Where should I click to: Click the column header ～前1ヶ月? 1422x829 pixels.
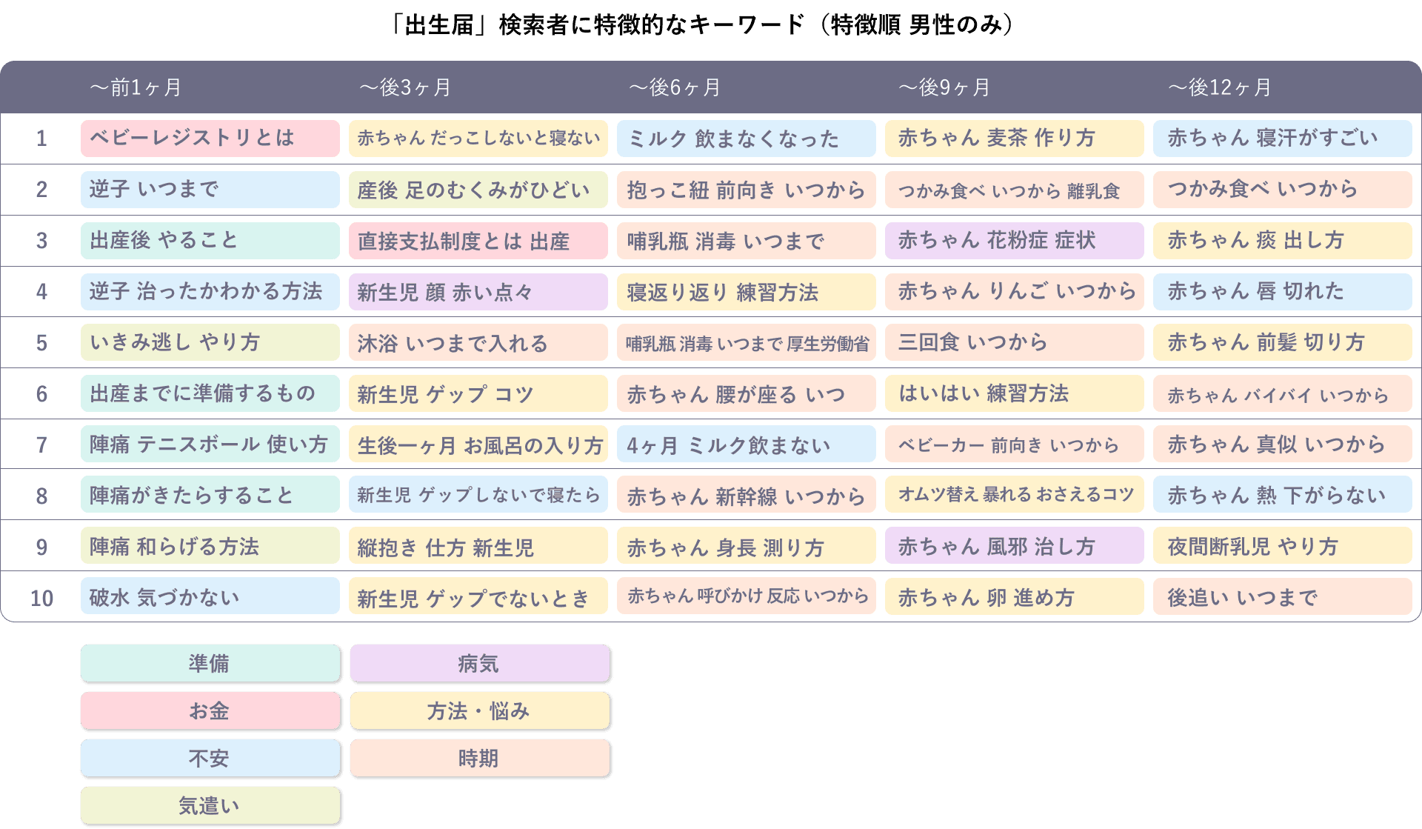pyautogui.click(x=136, y=87)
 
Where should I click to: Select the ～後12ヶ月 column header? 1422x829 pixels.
pyautogui.click(x=1219, y=87)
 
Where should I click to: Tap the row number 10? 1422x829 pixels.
pyautogui.click(x=41, y=598)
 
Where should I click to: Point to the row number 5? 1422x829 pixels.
pyautogui.click(x=41, y=343)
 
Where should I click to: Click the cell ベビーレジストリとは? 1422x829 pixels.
pyautogui.click(x=210, y=139)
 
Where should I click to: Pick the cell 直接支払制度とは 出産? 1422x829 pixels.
pyautogui.click(x=478, y=241)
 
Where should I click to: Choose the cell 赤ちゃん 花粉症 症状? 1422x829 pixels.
pyautogui.click(x=1014, y=241)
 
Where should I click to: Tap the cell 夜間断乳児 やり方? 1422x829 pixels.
pyautogui.click(x=1282, y=547)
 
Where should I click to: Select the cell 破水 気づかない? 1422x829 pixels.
pyautogui.click(x=210, y=597)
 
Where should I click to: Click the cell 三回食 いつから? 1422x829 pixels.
pyautogui.click(x=1014, y=342)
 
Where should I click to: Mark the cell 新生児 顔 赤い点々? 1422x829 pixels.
pyautogui.click(x=478, y=292)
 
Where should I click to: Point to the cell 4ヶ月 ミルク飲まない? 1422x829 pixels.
pyautogui.click(x=746, y=445)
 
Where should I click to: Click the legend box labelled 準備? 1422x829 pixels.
pyautogui.click(x=210, y=663)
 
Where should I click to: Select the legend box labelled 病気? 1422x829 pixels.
pyautogui.click(x=479, y=663)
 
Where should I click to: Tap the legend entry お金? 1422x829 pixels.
pyautogui.click(x=210, y=710)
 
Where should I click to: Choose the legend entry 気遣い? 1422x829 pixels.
pyautogui.click(x=210, y=805)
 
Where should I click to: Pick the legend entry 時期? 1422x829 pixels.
pyautogui.click(x=479, y=758)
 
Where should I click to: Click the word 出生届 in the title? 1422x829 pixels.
pyautogui.click(x=439, y=26)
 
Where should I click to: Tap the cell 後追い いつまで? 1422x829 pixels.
pyautogui.click(x=1282, y=597)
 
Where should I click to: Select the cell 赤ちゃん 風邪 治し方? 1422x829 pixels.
pyautogui.click(x=1014, y=547)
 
